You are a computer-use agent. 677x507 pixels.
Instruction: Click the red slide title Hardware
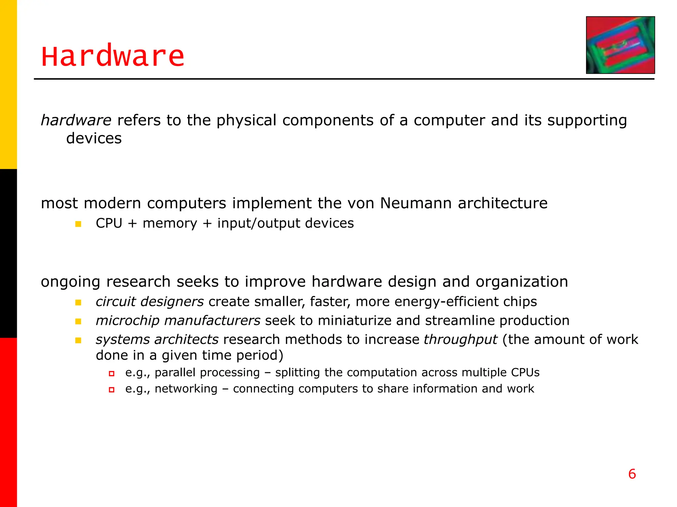coord(113,56)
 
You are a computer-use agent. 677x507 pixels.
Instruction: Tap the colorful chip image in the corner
coord(620,45)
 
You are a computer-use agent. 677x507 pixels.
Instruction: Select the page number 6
coord(632,474)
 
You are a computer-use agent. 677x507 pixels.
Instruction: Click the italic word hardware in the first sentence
coord(76,120)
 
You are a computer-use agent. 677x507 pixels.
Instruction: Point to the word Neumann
coord(416,203)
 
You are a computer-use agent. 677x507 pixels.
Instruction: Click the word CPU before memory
coord(109,223)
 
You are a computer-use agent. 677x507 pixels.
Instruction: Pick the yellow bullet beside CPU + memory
coord(78,224)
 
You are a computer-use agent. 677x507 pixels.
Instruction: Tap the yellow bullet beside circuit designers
coord(78,302)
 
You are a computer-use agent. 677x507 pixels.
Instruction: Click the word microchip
coord(127,321)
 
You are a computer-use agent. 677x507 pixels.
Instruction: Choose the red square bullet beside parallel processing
coord(112,374)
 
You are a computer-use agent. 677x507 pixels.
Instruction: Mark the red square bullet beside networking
coord(112,390)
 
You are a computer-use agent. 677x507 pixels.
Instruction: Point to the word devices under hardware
coord(94,138)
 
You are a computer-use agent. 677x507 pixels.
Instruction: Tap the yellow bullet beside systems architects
coord(78,340)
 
